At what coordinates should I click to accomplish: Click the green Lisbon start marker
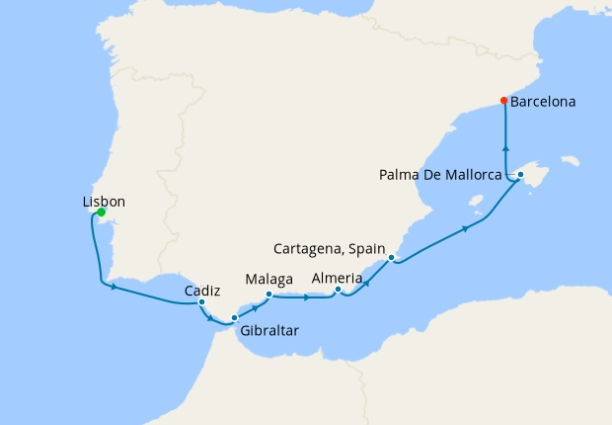102,212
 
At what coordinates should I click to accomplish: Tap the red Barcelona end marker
503,101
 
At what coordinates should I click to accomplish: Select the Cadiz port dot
201,302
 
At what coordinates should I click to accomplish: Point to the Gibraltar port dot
234,317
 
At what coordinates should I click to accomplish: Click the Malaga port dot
268,294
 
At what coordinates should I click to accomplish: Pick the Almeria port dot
338,290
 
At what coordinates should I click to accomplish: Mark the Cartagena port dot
392,258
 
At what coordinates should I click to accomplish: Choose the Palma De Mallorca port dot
520,175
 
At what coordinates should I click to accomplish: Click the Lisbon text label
104,201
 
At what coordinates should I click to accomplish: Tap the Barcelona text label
544,101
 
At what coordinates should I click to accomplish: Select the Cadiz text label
201,291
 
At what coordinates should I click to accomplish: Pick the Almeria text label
337,278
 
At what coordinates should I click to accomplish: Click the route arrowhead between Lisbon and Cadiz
116,288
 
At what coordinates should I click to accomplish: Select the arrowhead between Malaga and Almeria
307,295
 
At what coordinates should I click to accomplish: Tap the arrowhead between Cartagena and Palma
464,229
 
